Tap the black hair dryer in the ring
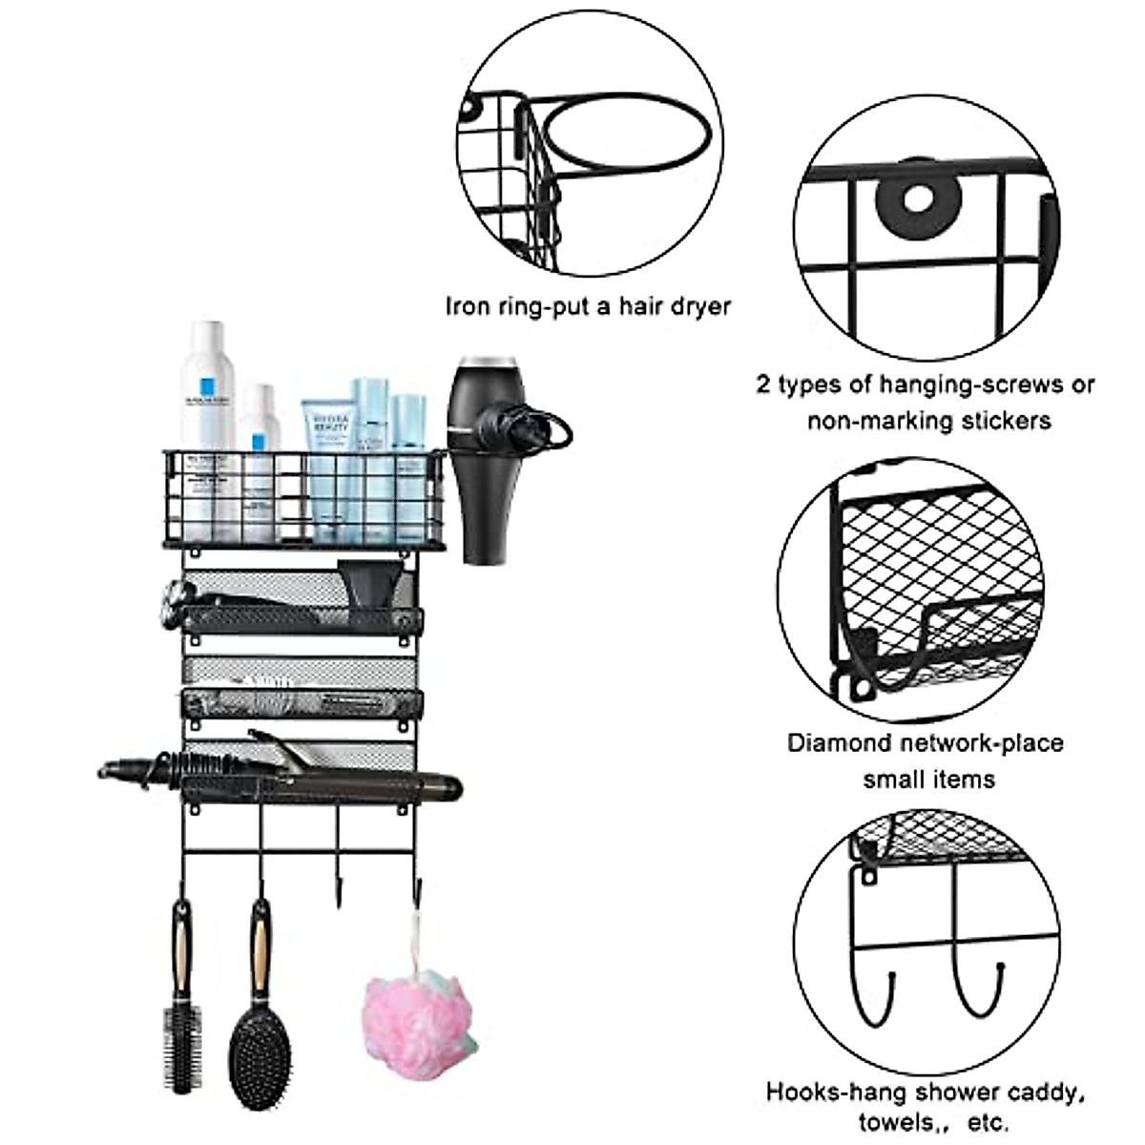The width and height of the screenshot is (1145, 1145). coord(489,458)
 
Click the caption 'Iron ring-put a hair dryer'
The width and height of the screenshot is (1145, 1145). coord(588,306)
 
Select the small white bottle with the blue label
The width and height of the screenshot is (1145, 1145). coord(260,448)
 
